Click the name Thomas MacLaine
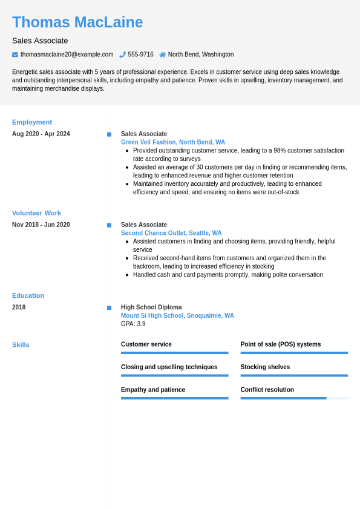77,22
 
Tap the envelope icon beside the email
15,54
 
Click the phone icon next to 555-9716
122,54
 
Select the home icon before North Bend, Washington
162,54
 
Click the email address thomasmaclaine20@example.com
67,54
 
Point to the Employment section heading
32,122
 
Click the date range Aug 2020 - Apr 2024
41,134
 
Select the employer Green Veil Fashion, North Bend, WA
173,142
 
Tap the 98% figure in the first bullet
280,151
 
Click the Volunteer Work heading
36,213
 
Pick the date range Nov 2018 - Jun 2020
41,225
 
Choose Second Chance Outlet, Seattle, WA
171,233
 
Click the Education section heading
28,295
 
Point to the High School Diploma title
151,307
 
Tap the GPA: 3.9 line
133,324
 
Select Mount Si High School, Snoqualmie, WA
177,315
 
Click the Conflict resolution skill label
267,390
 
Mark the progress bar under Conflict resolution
294,398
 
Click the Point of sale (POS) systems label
281,344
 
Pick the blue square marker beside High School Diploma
110,307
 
